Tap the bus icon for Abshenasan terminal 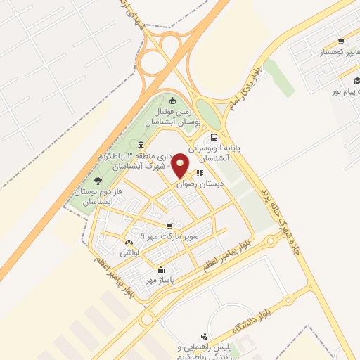(x=213, y=139)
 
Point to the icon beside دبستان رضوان (x=200, y=172)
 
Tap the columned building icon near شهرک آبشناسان (x=141, y=144)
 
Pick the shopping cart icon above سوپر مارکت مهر (x=169, y=226)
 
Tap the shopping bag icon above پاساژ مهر (x=160, y=269)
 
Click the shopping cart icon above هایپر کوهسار (x=341, y=41)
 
